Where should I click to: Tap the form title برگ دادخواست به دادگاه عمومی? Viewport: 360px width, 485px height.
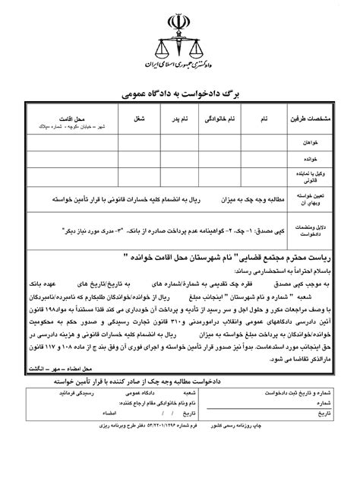click(x=181, y=94)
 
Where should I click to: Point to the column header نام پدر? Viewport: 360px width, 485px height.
click(x=172, y=120)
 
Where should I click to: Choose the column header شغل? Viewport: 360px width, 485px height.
click(x=138, y=120)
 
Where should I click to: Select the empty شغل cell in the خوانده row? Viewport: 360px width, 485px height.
click(x=138, y=160)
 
